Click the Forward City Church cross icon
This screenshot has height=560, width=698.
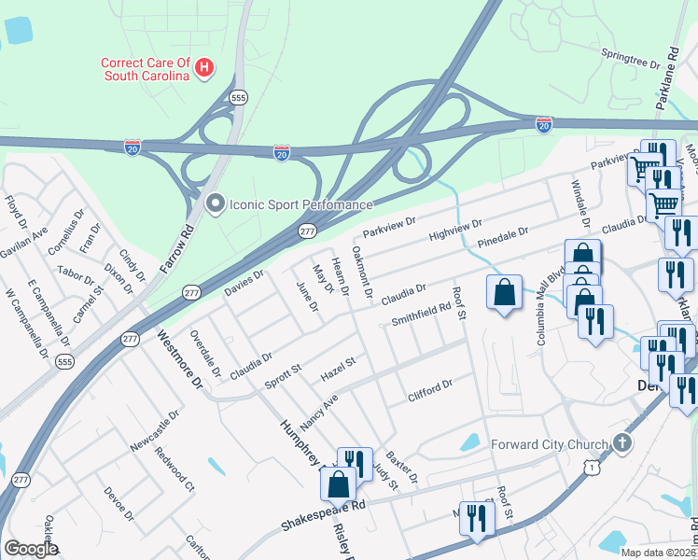point(623,444)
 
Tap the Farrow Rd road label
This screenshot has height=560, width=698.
point(176,249)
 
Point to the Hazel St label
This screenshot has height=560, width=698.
point(339,368)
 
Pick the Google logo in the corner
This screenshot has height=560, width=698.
point(31,549)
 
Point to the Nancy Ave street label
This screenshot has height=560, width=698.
point(318,409)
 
